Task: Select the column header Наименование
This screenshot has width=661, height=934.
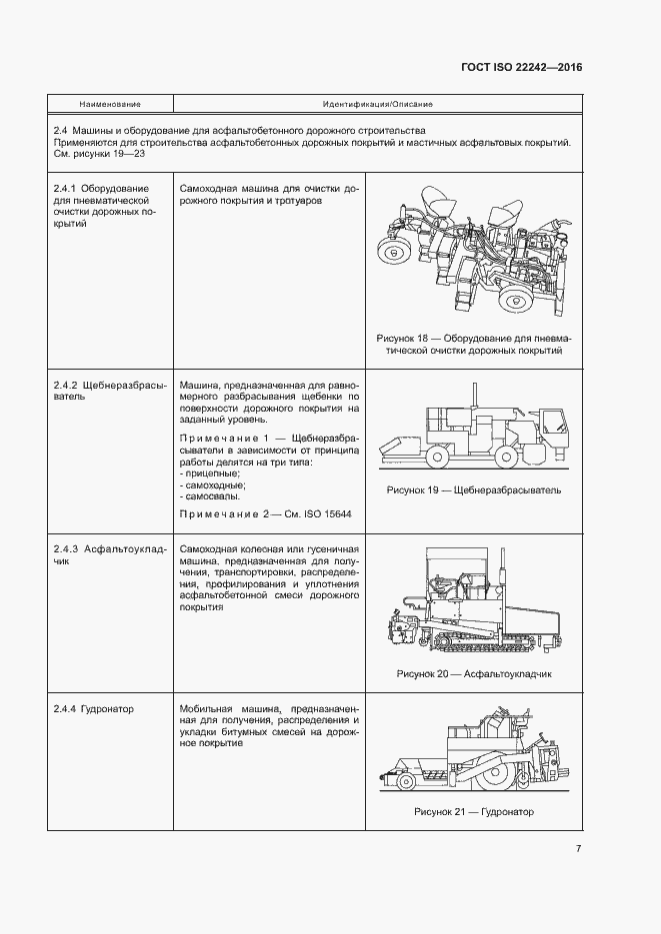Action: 110,104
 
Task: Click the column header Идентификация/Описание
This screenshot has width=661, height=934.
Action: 377,104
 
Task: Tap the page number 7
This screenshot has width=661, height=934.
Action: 578,849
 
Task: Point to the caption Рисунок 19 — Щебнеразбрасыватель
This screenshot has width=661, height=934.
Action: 473,490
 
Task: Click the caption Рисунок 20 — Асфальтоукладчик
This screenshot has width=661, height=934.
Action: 473,674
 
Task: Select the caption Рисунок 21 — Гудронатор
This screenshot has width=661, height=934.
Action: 473,812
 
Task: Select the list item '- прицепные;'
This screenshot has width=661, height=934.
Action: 209,472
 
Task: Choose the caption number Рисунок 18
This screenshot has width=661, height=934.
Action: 405,338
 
